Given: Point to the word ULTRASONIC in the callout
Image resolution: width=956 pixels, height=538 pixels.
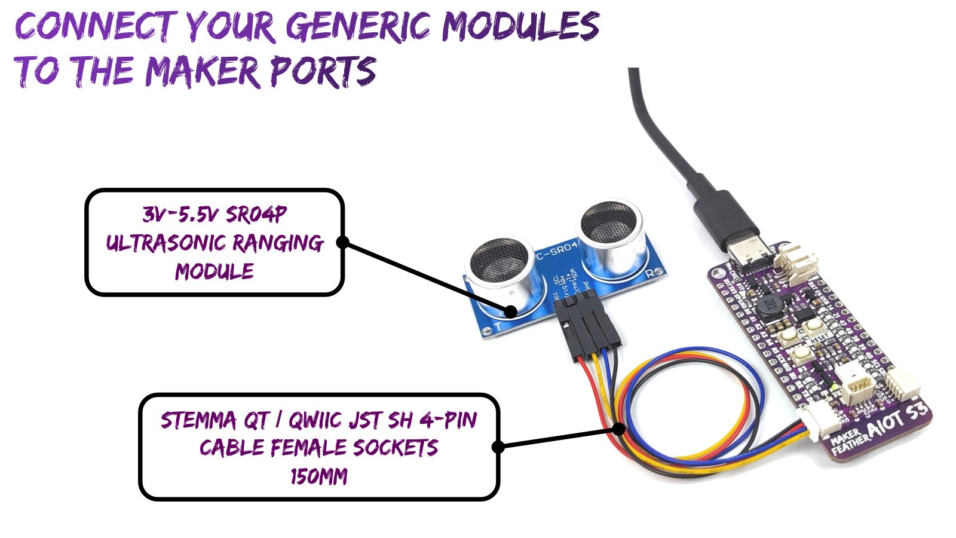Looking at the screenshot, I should pyautogui.click(x=165, y=243).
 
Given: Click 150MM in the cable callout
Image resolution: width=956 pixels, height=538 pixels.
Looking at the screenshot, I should pyautogui.click(x=318, y=476).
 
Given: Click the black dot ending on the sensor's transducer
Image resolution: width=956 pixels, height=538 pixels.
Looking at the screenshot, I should pyautogui.click(x=510, y=311).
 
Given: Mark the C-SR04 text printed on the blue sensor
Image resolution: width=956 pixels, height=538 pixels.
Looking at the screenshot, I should pyautogui.click(x=557, y=250).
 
